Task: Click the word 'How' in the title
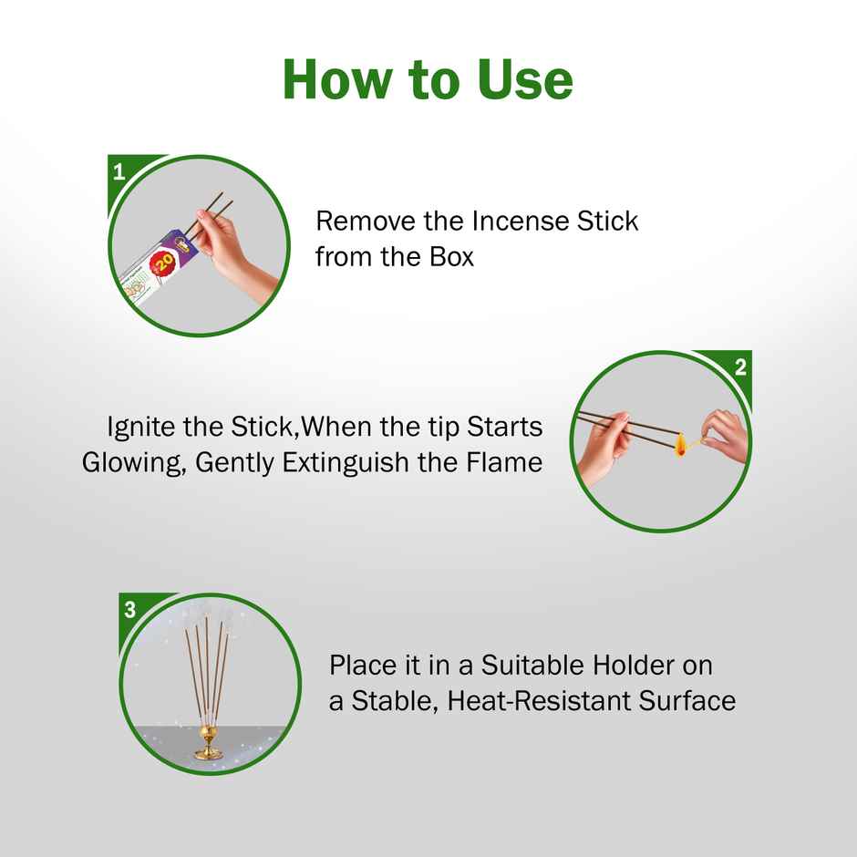[337, 80]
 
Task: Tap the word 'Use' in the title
[524, 80]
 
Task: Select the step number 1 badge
[119, 172]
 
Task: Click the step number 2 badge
[740, 367]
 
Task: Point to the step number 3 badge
[129, 610]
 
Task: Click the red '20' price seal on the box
[164, 263]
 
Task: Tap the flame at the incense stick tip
[681, 445]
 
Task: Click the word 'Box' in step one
[451, 257]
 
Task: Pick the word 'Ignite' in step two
[141, 428]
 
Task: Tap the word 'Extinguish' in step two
[346, 463]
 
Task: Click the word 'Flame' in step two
[504, 462]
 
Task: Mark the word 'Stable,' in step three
[395, 701]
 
